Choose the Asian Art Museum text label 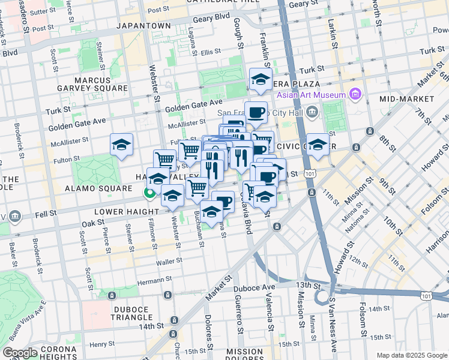[x=311, y=95]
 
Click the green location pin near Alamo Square [x=147, y=193]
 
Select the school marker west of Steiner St [x=121, y=145]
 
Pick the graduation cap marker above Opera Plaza [x=261, y=79]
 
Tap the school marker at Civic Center [x=318, y=144]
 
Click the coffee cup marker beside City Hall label [x=256, y=112]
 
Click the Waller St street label [x=168, y=262]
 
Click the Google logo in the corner [x=20, y=353]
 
